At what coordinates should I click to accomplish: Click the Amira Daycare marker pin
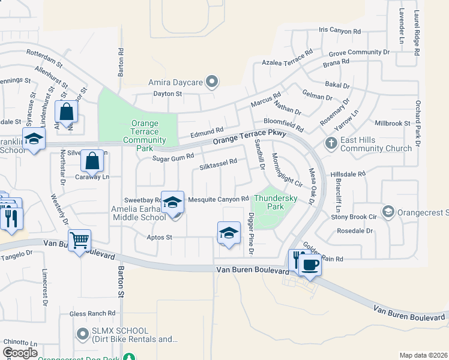coord(211,81)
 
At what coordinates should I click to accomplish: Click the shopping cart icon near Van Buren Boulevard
coord(79,241)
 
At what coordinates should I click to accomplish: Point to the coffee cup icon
coord(310,264)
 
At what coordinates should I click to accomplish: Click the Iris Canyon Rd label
coord(340,30)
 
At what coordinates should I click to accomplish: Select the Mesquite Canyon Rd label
coord(218,199)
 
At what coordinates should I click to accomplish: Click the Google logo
coord(20,352)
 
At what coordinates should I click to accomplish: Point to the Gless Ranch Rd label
coord(92,313)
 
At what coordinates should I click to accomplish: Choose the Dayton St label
coord(151,94)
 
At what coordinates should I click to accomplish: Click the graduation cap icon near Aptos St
coord(228,233)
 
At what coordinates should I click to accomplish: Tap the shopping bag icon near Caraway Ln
coord(92,161)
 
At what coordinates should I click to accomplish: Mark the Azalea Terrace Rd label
coord(288,58)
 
